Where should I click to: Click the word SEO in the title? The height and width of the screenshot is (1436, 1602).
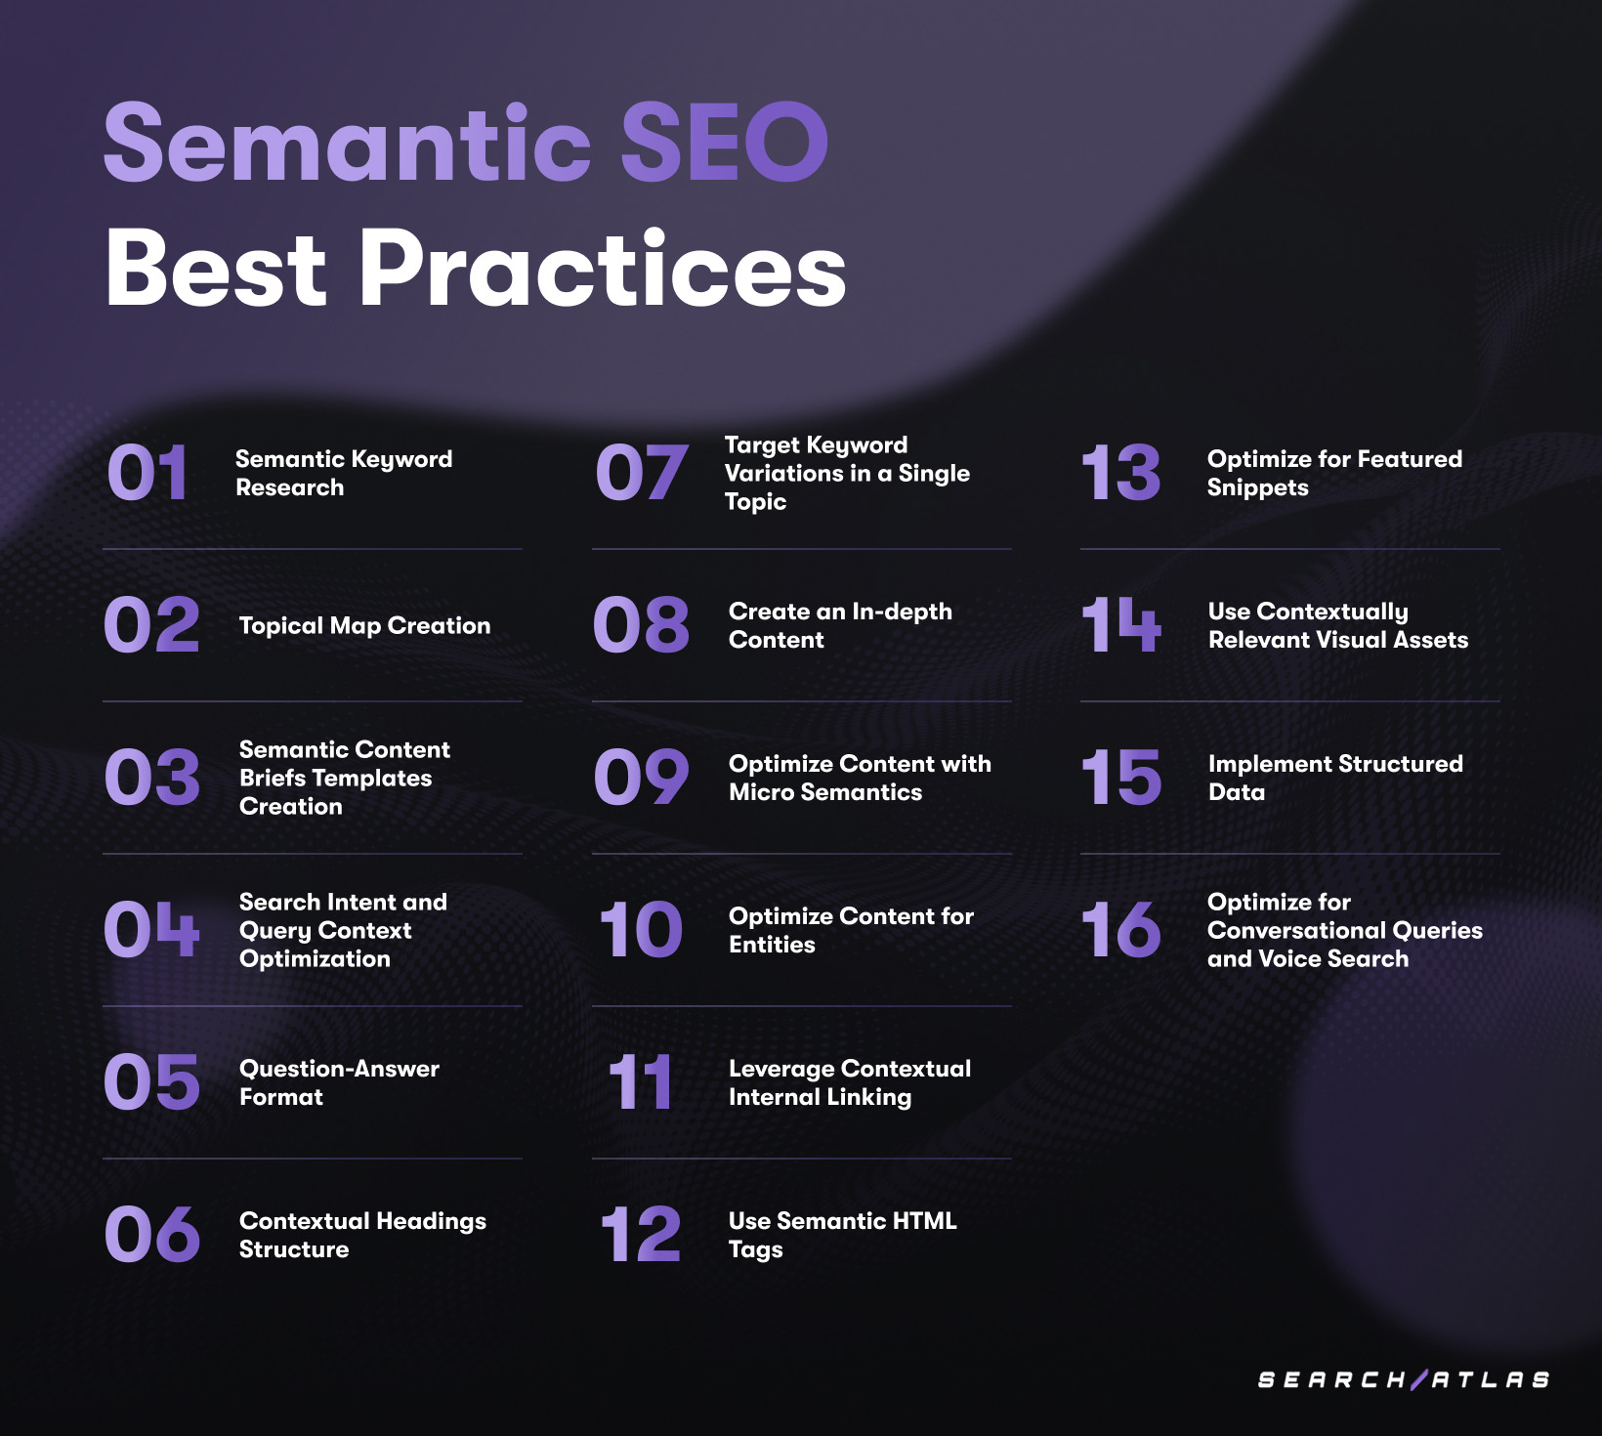point(724,143)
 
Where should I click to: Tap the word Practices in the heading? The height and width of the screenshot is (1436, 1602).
point(603,269)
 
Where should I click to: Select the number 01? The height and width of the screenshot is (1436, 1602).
point(148,473)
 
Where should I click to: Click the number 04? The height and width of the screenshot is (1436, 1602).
point(151,929)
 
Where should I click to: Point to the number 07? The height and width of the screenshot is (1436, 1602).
point(641,473)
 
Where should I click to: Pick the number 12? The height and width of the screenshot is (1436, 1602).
point(641,1234)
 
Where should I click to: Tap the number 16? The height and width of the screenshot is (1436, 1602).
point(1121,929)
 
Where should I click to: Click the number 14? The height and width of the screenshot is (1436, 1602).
point(1121,625)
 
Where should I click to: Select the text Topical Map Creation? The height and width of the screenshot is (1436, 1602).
point(364,625)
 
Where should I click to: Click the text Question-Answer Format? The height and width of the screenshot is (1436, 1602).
point(339,1082)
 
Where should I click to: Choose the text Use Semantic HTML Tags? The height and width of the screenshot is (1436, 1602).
point(842,1235)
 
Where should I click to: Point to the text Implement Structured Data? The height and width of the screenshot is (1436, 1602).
point(1335,778)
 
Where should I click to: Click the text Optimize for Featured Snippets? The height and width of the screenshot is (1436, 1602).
point(1334,473)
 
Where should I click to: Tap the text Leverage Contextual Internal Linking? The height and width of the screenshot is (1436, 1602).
point(850,1082)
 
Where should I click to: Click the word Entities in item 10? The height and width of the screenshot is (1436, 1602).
point(772,945)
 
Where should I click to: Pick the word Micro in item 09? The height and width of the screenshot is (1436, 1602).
point(761,792)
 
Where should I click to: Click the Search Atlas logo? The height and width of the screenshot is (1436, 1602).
point(1404,1379)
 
